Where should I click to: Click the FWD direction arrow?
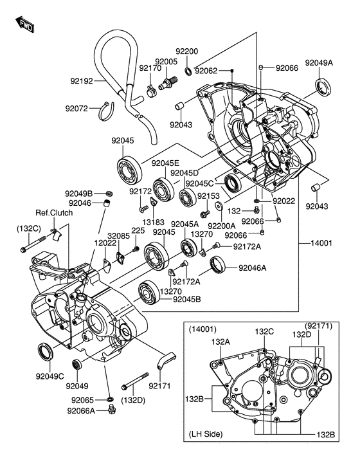pos(24,24)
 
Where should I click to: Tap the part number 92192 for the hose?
pos(82,81)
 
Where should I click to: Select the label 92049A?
pos(319,62)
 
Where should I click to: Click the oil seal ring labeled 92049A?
pos(323,86)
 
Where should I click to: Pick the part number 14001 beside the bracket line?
pos(321,243)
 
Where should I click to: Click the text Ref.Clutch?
pos(54,213)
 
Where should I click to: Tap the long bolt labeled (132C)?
pos(33,244)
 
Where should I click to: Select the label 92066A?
pos(81,410)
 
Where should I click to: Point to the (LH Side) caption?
pos(206,434)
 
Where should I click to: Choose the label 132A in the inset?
pos(221,342)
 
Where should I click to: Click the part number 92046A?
pos(253,268)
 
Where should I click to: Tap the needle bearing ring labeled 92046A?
pos(218,264)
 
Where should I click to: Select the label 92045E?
pos(165,163)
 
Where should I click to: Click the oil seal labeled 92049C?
pos(46,352)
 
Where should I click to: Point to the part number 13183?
pos(154,222)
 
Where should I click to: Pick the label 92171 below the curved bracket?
pos(159,386)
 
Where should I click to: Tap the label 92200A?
pos(222,226)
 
